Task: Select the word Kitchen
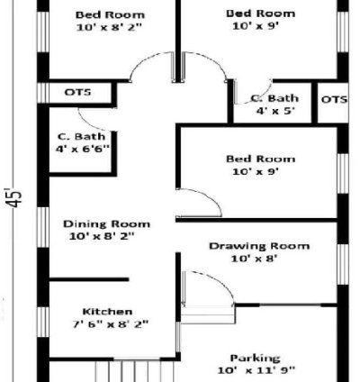click(107, 311)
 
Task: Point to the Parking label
click(255, 357)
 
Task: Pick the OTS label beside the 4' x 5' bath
click(334, 99)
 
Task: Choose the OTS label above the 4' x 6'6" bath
click(76, 93)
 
